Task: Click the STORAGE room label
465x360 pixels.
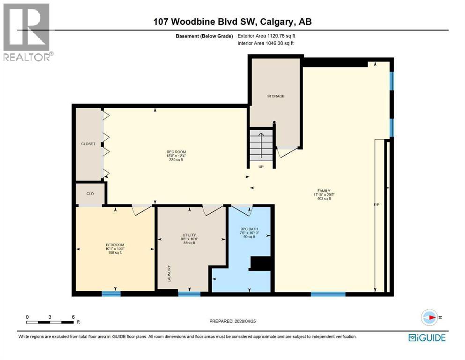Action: point(276,96)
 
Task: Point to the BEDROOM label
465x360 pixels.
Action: point(115,245)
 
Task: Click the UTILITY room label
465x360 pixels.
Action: point(189,235)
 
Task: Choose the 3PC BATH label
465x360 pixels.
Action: point(249,229)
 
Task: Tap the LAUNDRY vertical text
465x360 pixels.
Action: point(169,274)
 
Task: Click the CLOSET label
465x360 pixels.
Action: point(88,144)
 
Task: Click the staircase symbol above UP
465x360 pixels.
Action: point(261,145)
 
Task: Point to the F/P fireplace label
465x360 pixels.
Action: point(376,205)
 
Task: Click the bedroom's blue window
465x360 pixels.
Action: point(111,294)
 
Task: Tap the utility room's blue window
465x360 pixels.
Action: point(189,294)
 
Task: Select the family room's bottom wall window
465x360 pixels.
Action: point(328,294)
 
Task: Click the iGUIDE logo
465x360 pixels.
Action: point(427,337)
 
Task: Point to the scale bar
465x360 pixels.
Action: point(50,322)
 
